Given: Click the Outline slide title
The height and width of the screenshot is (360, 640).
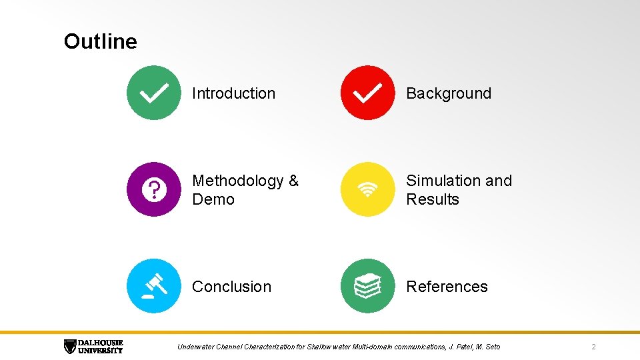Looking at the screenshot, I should click(x=100, y=41).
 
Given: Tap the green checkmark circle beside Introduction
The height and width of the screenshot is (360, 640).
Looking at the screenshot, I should click(x=153, y=93).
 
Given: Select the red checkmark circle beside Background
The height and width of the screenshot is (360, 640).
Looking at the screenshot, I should click(x=367, y=93).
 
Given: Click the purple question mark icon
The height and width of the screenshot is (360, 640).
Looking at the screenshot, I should click(x=153, y=189).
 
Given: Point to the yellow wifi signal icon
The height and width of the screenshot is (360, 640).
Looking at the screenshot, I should click(x=367, y=189).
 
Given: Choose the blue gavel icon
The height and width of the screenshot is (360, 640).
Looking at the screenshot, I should click(x=153, y=286).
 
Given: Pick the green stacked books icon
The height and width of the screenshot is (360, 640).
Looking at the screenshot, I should click(x=367, y=286).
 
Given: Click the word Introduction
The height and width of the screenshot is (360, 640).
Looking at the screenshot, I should click(x=233, y=93).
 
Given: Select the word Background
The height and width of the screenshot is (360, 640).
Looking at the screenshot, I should click(x=449, y=93).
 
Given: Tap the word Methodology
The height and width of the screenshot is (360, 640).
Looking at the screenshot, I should click(x=237, y=181).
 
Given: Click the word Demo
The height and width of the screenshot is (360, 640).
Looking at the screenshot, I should click(x=213, y=199).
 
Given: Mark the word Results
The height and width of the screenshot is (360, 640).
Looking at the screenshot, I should click(x=433, y=199).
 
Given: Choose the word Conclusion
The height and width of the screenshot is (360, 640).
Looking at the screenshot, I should click(x=231, y=287).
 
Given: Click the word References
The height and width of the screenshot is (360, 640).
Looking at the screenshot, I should click(x=447, y=287).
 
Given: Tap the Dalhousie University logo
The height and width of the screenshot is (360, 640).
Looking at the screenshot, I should click(x=93, y=346).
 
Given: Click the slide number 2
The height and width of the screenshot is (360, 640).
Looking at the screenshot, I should click(x=593, y=347).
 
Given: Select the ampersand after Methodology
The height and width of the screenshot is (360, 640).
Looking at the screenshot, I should click(x=293, y=181).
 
